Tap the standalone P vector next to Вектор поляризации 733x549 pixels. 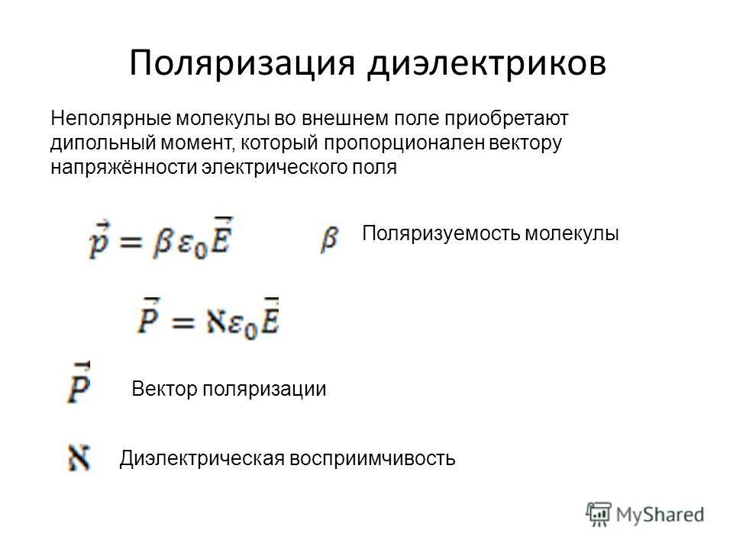coord(79,384)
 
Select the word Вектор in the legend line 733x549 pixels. coord(164,389)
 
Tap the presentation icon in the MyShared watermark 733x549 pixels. coord(599,513)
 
